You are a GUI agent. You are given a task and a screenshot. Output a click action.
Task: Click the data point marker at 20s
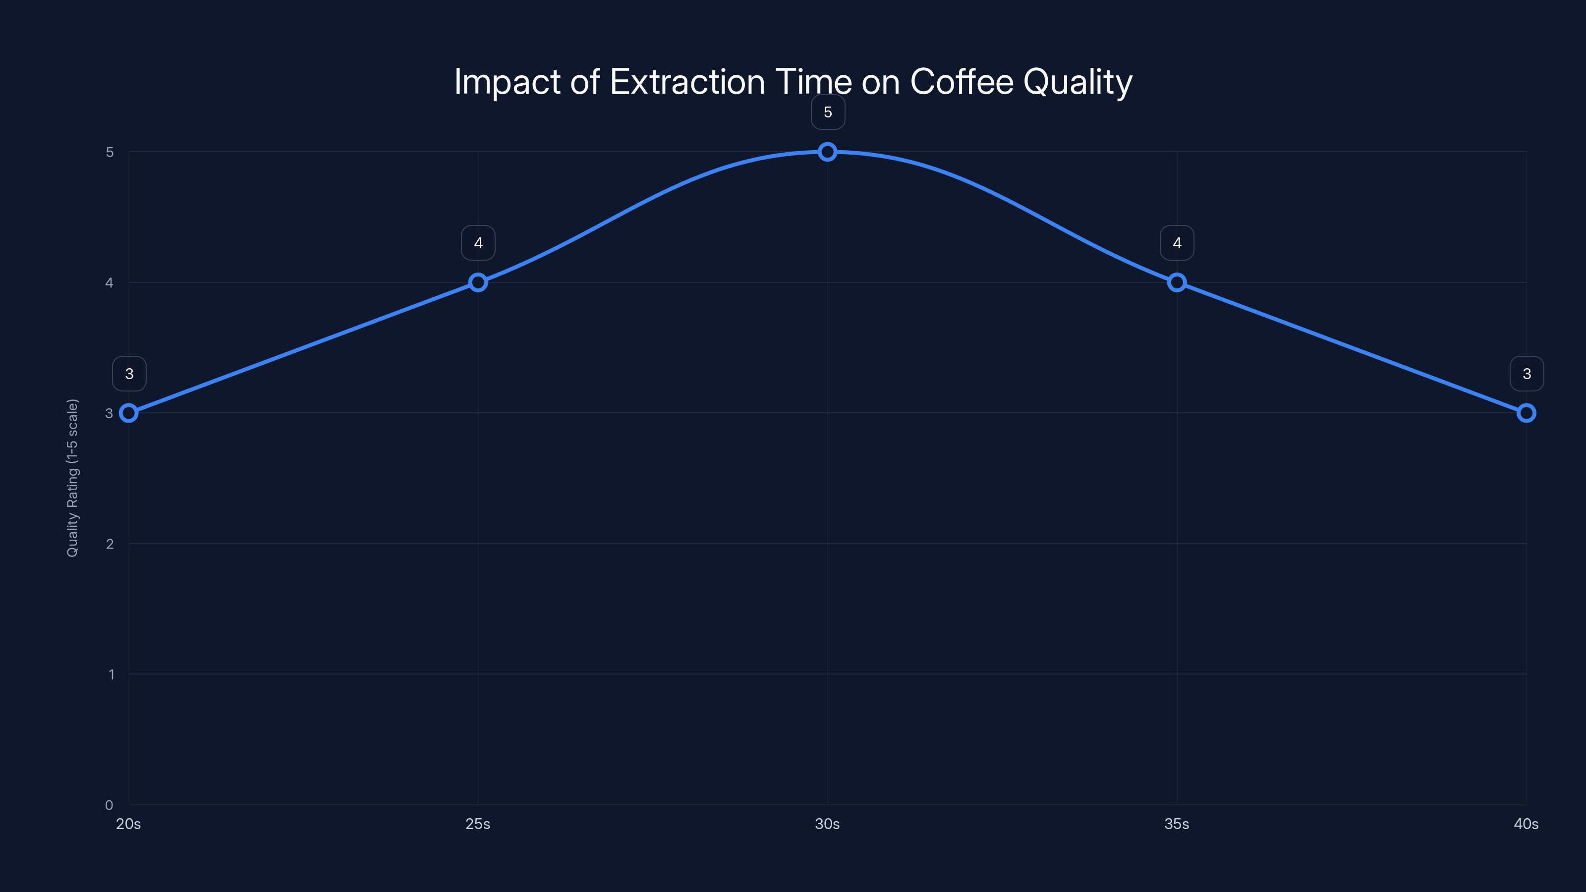tap(129, 413)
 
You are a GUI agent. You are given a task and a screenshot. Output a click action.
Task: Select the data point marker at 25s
tap(478, 282)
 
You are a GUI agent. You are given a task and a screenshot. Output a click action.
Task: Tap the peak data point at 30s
tap(828, 152)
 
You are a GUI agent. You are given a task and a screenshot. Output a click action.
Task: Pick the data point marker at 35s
tap(1177, 282)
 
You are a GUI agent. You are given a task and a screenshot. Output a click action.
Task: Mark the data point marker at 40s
tap(1527, 413)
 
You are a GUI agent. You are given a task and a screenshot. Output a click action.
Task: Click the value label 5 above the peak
tap(828, 112)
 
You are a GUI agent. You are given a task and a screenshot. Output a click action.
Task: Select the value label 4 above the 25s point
tap(478, 243)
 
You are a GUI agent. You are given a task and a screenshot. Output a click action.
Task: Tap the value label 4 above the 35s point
tap(1177, 243)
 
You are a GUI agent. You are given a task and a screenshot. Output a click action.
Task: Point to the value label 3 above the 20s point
tap(129, 374)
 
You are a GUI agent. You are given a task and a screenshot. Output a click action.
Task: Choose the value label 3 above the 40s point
tap(1527, 374)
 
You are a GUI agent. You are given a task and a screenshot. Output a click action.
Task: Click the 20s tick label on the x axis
tap(129, 824)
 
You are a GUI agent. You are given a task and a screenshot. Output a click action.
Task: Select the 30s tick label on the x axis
tap(828, 824)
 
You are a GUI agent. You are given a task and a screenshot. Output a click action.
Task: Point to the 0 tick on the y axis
tap(109, 805)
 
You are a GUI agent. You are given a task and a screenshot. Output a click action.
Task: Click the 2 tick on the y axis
tap(110, 544)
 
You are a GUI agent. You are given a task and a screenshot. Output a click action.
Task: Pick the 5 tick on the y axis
tap(110, 152)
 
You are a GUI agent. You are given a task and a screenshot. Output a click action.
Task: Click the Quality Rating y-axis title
tap(73, 478)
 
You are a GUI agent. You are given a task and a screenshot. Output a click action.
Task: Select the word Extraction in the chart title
tap(687, 82)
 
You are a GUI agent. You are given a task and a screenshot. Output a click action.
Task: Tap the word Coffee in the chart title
tap(961, 82)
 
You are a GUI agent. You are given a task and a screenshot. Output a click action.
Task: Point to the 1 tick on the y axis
tap(111, 674)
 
